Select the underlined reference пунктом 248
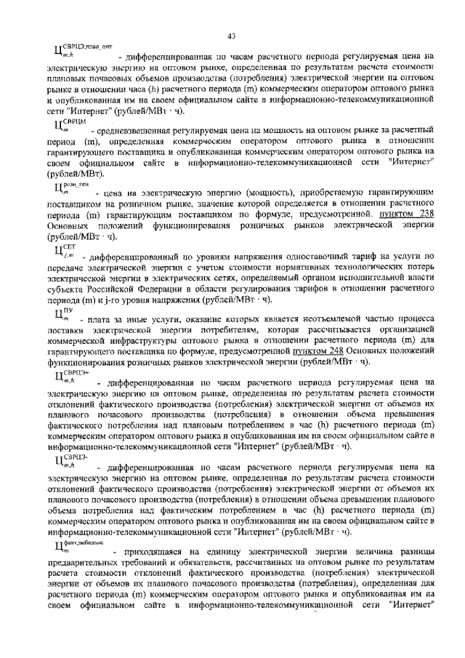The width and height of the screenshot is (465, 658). click(320, 351)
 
